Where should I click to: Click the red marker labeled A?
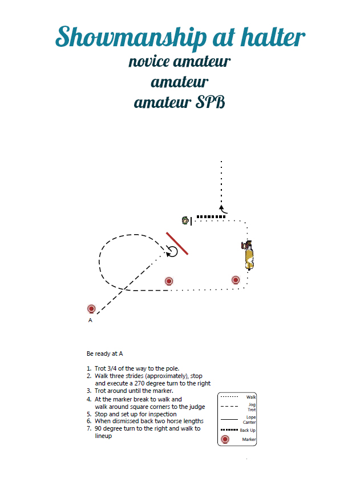(x=91, y=309)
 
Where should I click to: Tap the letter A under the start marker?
(x=90, y=320)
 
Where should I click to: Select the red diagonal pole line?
(x=177, y=243)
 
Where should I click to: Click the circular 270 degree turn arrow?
(x=172, y=251)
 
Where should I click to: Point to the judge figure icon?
(x=185, y=220)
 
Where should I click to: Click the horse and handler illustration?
(x=248, y=255)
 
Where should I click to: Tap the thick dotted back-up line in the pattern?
(x=211, y=216)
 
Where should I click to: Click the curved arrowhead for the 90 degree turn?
(x=223, y=209)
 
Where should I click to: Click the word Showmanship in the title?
(x=131, y=38)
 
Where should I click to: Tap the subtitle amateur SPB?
(x=180, y=102)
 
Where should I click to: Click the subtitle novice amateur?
(x=180, y=61)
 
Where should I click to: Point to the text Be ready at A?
(x=104, y=354)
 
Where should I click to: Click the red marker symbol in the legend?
(x=225, y=439)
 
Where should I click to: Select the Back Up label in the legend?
(x=248, y=430)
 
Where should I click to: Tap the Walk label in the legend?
(x=251, y=397)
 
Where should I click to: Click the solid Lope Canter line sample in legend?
(x=229, y=419)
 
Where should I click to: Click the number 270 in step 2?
(x=140, y=383)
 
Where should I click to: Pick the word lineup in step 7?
(x=103, y=436)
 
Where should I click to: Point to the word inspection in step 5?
(x=163, y=415)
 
